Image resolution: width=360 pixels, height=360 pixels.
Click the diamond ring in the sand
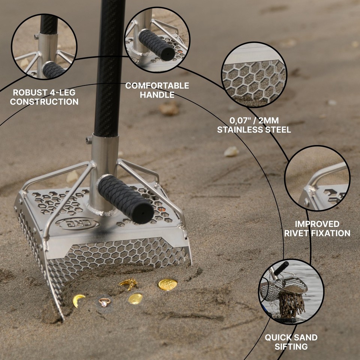tap(105, 301)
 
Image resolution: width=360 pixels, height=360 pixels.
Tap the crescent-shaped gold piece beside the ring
tap(78, 300)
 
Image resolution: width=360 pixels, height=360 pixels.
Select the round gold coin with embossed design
tap(168, 284)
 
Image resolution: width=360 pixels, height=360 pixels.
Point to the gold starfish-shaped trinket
tap(128, 284)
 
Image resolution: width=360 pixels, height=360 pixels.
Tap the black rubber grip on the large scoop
tap(126, 199)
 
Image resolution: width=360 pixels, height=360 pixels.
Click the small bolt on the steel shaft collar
tap(89, 141)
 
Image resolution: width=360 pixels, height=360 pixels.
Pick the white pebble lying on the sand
tap(231, 151)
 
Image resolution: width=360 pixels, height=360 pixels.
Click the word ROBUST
tap(29, 92)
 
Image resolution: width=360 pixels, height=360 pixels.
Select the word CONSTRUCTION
tap(44, 102)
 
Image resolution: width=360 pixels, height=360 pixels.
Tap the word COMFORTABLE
tap(157, 86)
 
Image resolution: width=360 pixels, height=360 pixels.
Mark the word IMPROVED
tap(317, 224)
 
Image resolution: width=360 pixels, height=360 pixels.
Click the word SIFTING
tap(291, 346)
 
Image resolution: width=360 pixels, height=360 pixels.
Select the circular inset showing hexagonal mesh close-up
tap(254, 74)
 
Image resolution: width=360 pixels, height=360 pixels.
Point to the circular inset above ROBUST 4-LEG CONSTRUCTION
tap(44, 46)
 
